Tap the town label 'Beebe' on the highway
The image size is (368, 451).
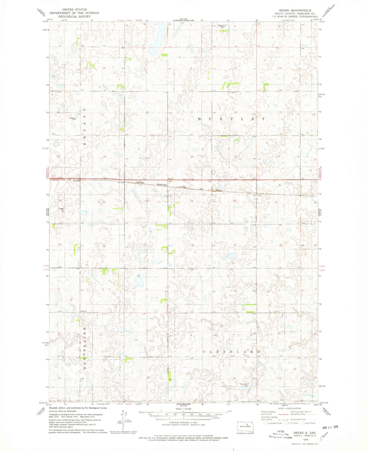point(170,179)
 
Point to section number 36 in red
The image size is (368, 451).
point(104,246)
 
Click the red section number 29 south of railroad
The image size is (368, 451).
point(192,201)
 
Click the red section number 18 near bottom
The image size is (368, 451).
point(148,377)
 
